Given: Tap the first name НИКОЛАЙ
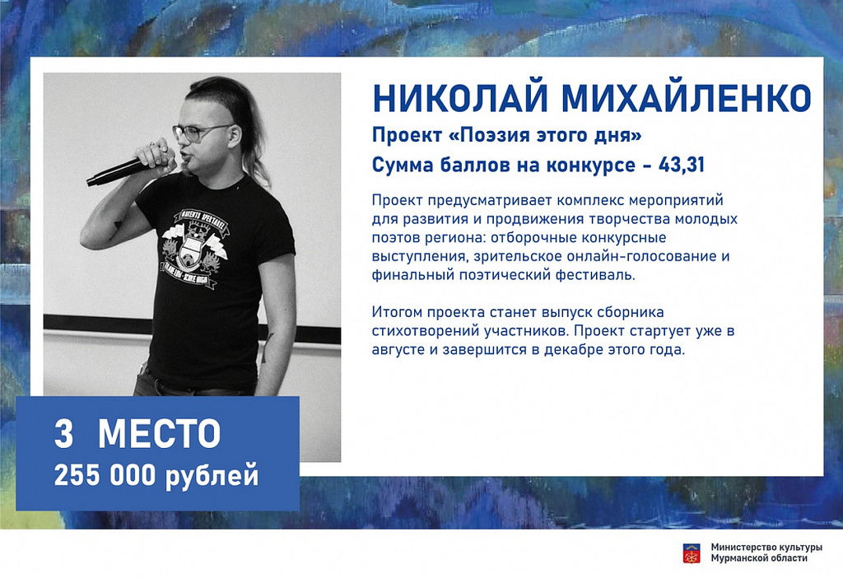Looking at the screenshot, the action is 459,99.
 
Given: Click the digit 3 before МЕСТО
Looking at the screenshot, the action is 63,434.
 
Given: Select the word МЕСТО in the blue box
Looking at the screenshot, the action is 159,434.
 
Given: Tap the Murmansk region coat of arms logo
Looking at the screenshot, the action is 692,553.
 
